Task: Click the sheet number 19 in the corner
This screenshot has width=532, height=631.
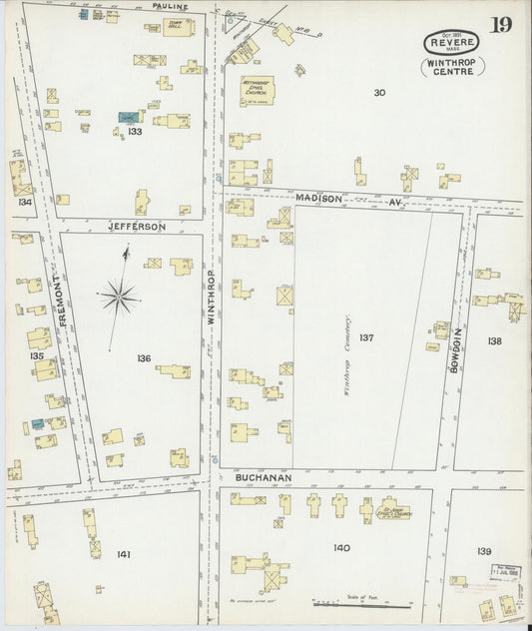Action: pyautogui.click(x=500, y=24)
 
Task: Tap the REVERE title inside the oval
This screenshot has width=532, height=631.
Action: pyautogui.click(x=451, y=42)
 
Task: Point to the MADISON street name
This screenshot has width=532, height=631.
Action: pyautogui.click(x=318, y=199)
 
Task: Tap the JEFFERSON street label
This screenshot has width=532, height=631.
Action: pyautogui.click(x=137, y=227)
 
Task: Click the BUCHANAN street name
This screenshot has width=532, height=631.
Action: pyautogui.click(x=263, y=478)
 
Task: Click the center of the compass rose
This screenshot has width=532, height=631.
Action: pyautogui.click(x=118, y=294)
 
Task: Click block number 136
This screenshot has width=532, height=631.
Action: pyautogui.click(x=144, y=357)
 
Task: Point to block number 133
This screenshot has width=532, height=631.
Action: pyautogui.click(x=135, y=131)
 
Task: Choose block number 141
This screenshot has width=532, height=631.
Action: pyautogui.click(x=124, y=553)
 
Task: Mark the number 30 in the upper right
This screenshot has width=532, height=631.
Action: pyautogui.click(x=379, y=93)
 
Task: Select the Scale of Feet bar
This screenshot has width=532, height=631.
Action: pyautogui.click(x=362, y=604)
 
